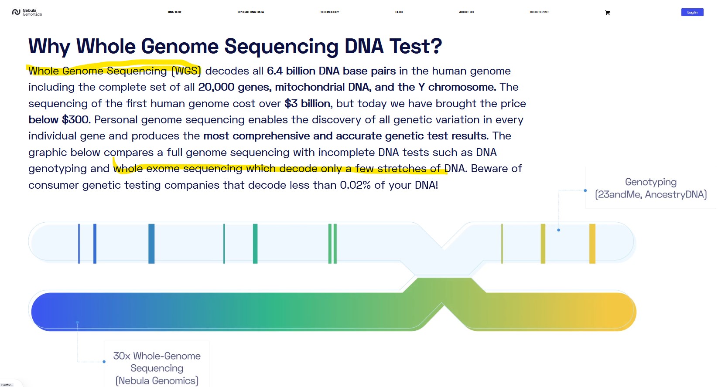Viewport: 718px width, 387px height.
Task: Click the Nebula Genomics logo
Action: coord(27,12)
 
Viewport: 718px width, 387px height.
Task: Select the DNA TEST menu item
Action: coord(174,12)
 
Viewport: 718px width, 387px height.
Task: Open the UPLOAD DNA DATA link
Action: coord(251,12)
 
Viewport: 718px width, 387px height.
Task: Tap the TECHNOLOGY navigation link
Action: coord(329,12)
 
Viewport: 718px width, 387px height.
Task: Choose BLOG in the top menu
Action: coord(399,12)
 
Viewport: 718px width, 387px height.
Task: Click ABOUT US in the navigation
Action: coord(466,12)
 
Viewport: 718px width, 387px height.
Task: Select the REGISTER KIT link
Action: coord(539,12)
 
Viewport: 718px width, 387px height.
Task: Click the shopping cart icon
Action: coord(607,13)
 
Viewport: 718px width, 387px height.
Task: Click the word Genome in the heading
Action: coord(180,46)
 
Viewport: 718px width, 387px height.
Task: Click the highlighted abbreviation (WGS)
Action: coord(186,71)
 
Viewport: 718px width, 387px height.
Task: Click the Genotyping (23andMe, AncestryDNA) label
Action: coord(651,188)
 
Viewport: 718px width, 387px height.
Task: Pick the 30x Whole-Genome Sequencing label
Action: coord(157,368)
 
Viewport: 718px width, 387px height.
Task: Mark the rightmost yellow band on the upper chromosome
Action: coord(592,244)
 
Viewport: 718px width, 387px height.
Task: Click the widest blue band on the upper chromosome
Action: coord(152,244)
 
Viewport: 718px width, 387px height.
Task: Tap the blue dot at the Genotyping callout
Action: coord(585,190)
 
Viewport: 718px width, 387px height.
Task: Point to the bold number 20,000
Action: coord(216,87)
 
